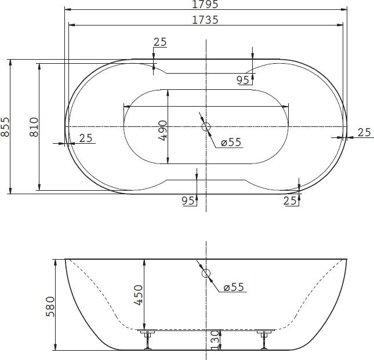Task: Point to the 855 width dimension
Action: coord(5,126)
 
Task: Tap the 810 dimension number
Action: coord(34,126)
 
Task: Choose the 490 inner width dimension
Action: coord(163,130)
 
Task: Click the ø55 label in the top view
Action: coord(231,143)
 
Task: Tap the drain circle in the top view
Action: coord(206,126)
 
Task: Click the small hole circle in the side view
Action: coord(206,273)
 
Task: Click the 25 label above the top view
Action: coord(161,42)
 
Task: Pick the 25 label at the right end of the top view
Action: coord(364,133)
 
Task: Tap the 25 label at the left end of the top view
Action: coord(86,137)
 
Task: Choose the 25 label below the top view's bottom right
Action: coord(291,200)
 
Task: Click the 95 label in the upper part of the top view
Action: coord(243,79)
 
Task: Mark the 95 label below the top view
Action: coord(188,200)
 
